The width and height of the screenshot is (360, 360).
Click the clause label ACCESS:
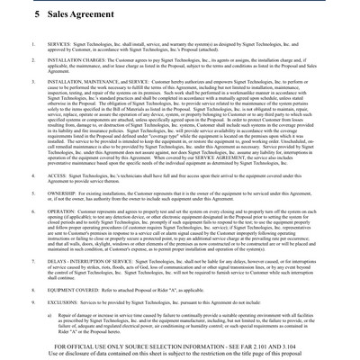pos(57,175)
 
